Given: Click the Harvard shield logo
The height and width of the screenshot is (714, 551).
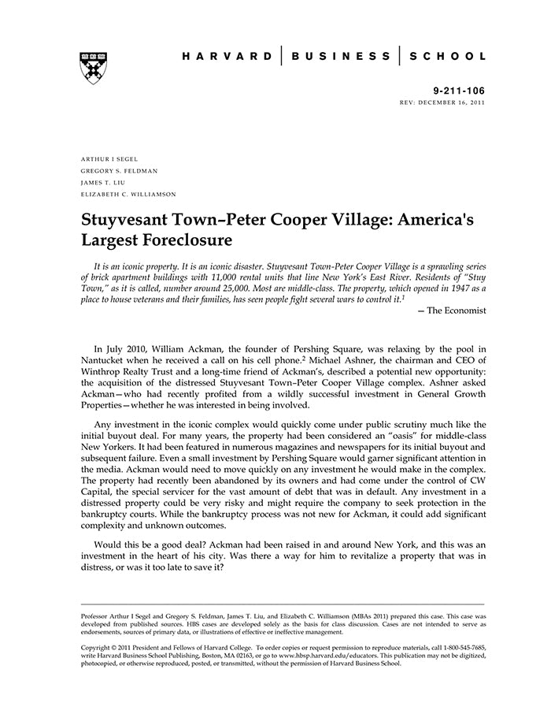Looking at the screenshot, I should click(x=93, y=68).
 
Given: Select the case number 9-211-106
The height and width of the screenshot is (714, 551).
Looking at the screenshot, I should click(x=460, y=91).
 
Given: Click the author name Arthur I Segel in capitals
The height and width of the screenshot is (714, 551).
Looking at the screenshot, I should click(x=109, y=159).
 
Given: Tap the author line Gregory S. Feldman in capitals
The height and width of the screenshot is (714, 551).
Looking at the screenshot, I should click(x=120, y=170).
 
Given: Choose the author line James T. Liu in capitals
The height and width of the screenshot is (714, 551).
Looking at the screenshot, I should click(x=104, y=182).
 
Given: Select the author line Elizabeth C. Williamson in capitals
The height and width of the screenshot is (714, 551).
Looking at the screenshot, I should click(x=129, y=194).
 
